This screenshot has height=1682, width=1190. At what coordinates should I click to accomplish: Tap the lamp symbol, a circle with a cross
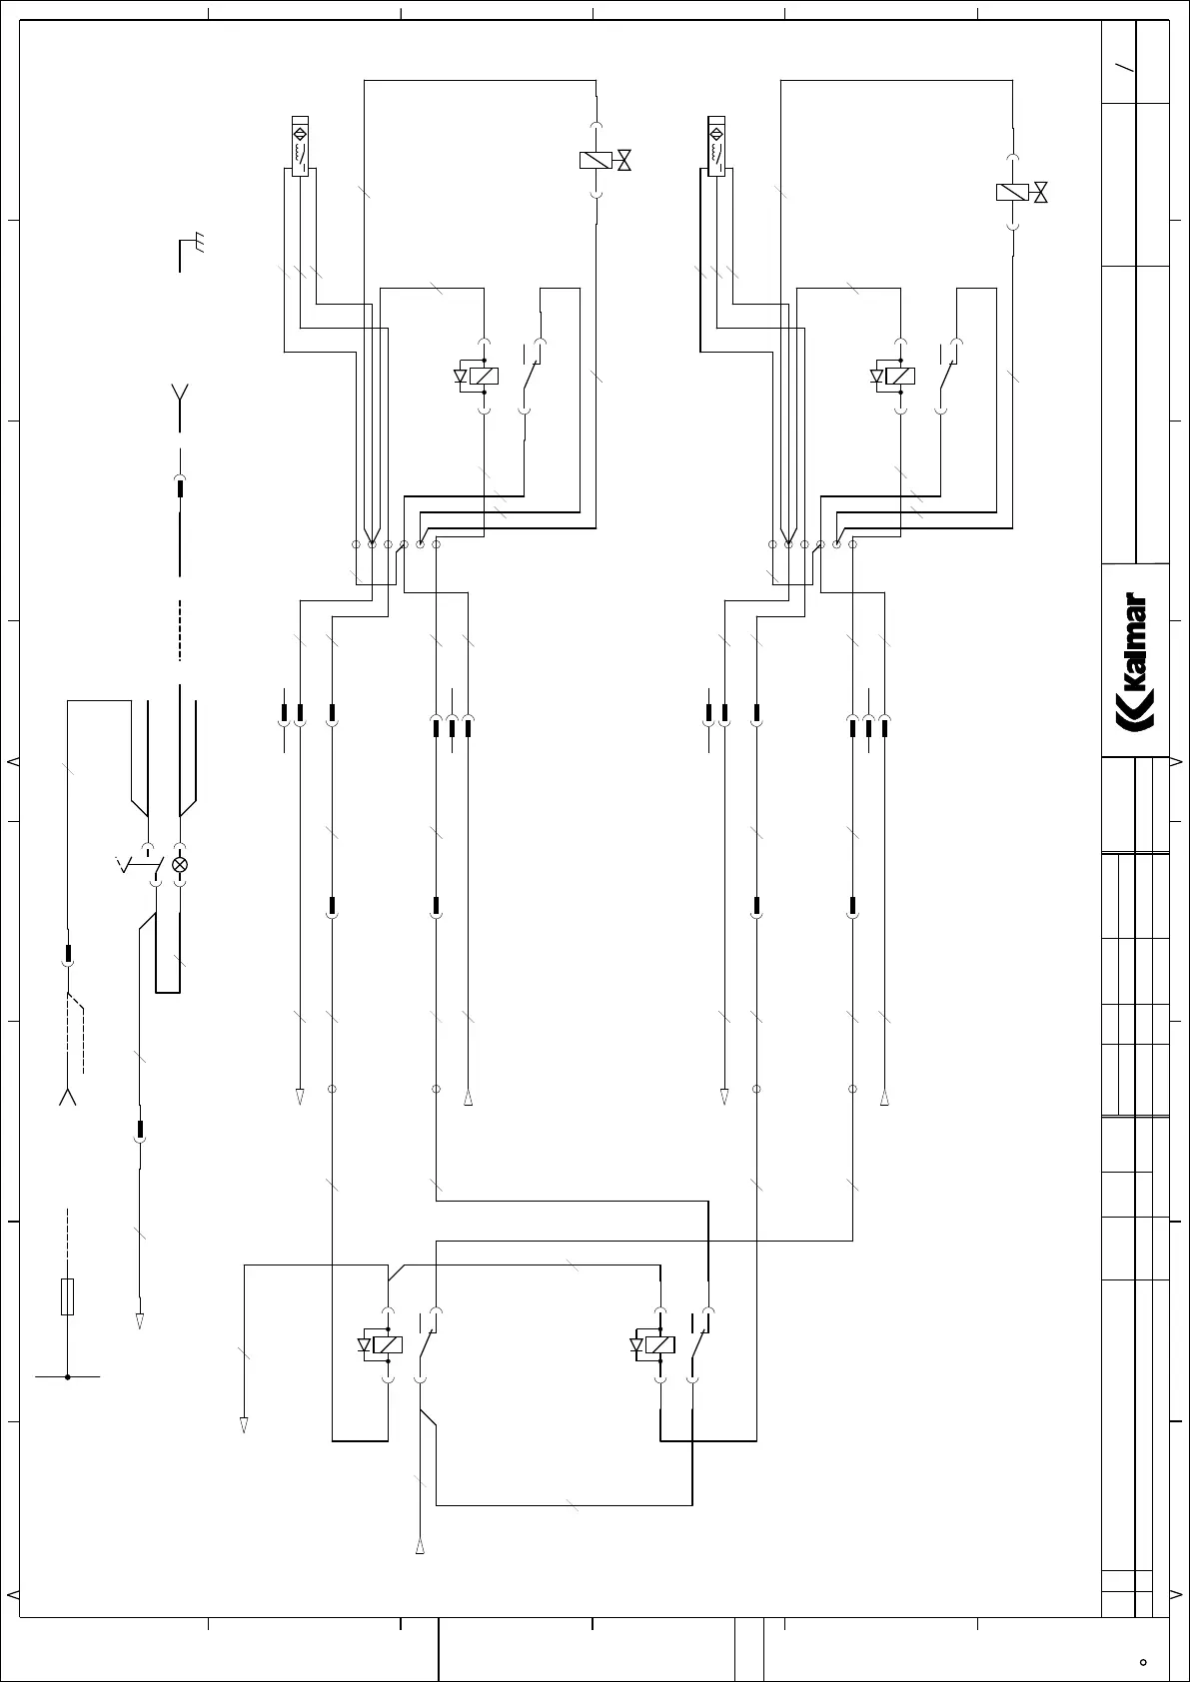(180, 865)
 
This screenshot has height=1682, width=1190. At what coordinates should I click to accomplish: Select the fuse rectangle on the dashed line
(68, 1295)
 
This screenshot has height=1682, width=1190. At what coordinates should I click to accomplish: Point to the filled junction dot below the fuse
(68, 1376)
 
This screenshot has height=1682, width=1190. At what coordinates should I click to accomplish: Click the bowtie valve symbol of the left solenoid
(624, 160)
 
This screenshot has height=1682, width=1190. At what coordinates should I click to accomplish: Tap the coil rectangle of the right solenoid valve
(1012, 192)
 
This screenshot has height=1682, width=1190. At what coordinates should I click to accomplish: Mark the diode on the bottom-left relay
(365, 1344)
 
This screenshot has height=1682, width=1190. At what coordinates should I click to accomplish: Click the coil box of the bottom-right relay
(660, 1344)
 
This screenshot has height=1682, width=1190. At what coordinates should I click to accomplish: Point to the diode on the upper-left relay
(461, 377)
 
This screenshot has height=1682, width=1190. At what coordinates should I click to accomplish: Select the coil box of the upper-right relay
(900, 377)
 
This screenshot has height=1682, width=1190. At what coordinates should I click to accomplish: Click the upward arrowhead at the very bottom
(421, 1547)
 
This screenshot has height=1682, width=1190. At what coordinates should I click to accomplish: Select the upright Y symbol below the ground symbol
(180, 392)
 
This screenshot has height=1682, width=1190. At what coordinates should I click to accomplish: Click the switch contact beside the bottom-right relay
(699, 1343)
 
